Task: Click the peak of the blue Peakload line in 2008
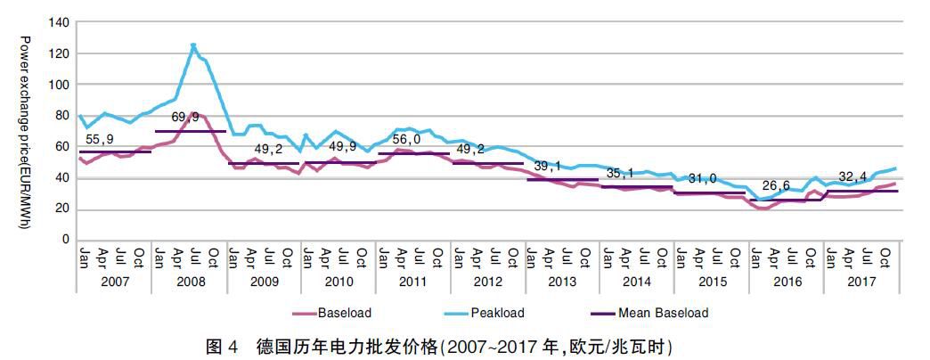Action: point(193,45)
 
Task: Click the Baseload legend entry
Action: point(343,313)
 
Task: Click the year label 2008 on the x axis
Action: point(189,281)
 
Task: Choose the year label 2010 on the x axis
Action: point(338,281)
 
